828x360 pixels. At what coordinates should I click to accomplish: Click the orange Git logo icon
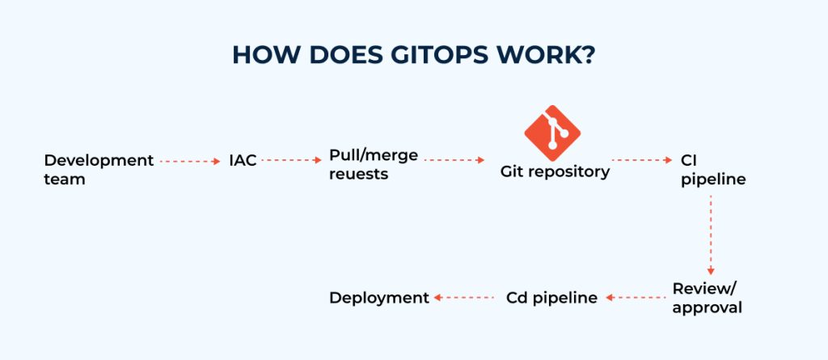click(x=553, y=132)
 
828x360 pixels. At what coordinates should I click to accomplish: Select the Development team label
click(x=98, y=169)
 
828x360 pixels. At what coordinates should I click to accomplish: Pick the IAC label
click(x=243, y=161)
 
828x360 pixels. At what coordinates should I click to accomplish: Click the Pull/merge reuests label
click(x=373, y=164)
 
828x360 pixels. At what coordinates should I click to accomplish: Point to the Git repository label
click(x=555, y=172)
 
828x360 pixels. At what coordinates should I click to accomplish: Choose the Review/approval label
click(x=707, y=298)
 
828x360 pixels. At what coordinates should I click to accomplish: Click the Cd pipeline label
click(x=551, y=298)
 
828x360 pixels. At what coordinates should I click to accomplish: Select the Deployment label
click(x=378, y=298)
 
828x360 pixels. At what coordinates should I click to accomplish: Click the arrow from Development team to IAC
click(x=190, y=161)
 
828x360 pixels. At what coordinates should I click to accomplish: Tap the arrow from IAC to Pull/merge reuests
click(x=292, y=161)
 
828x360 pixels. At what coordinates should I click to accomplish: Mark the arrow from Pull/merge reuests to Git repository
click(x=454, y=161)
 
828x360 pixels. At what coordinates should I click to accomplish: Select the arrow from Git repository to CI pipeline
click(x=641, y=161)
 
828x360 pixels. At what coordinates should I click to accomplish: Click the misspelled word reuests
click(x=359, y=174)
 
